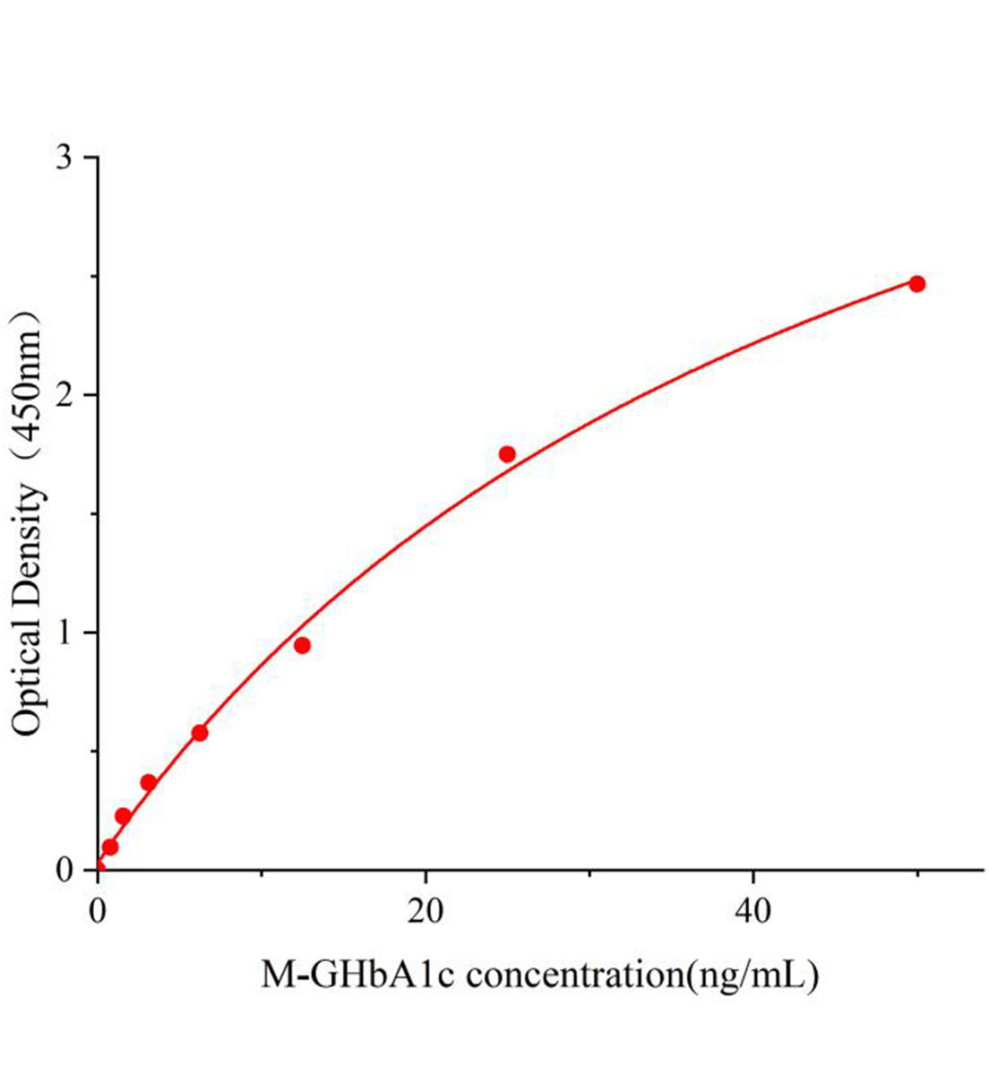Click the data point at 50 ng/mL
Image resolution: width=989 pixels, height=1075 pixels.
916,284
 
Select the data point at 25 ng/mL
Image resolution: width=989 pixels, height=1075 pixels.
507,454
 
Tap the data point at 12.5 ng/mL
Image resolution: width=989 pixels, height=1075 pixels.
302,645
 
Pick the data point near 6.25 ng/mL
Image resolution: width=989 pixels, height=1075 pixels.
200,733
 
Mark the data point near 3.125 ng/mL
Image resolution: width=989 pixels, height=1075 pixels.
149,782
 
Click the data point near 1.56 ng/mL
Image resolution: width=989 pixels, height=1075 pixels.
124,816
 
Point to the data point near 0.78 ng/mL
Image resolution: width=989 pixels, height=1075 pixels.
110,847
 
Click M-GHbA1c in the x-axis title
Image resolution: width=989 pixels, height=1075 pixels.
359,974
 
